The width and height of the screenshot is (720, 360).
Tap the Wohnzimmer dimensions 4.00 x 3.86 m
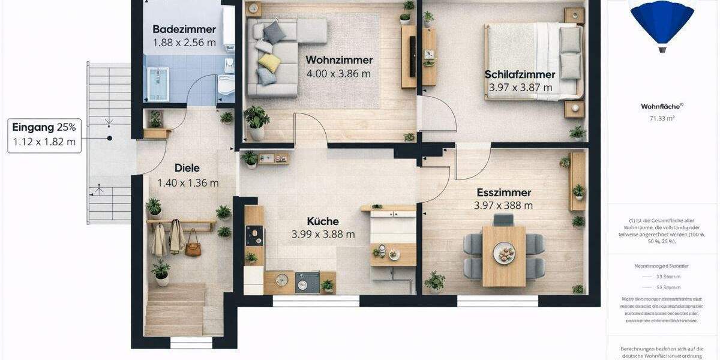pos(339,74)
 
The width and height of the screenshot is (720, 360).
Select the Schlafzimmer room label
pos(520,74)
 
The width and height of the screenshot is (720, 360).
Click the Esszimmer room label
pos(504,193)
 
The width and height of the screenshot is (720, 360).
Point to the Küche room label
pos(323,221)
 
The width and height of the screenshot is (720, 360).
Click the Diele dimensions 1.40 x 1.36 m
pos(188,183)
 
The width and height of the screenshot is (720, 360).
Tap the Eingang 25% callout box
pos(44,135)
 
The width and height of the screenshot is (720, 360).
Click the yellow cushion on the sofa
pos(269,62)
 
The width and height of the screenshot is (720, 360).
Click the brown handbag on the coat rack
pos(193,247)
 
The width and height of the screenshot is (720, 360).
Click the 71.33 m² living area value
pos(662,119)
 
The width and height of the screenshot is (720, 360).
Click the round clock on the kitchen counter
pos(281,280)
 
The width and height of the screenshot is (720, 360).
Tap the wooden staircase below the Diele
pos(175,309)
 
